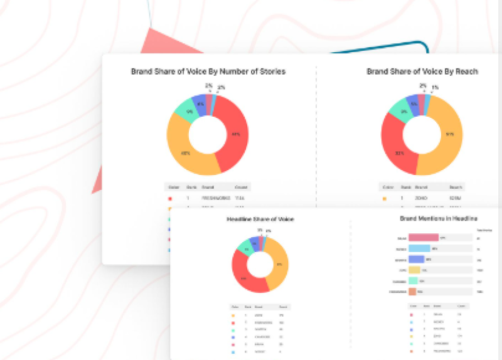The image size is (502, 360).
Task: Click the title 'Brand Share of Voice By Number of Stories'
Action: click(x=208, y=71)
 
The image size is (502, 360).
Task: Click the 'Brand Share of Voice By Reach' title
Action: click(x=422, y=71)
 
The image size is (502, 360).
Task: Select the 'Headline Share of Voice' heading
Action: click(x=260, y=219)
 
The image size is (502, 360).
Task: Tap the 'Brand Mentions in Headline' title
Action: click(x=438, y=218)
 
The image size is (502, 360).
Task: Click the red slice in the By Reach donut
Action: click(x=395, y=151)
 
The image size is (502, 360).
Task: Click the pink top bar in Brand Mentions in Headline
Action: click(x=424, y=238)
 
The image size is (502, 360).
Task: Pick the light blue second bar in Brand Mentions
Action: click(x=419, y=248)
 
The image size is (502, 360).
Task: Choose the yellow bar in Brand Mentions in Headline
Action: click(x=414, y=270)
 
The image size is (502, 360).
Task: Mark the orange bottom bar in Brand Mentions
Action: click(x=412, y=292)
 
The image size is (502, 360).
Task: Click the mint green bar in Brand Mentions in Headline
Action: click(x=414, y=280)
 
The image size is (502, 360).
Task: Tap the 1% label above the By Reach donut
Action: click(x=435, y=88)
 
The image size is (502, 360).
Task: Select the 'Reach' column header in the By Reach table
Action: click(x=456, y=187)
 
